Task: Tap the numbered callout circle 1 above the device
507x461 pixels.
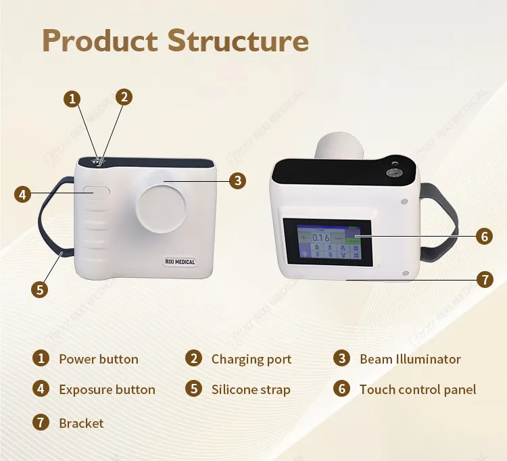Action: (x=72, y=99)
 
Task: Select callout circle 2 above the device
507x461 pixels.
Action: (x=124, y=97)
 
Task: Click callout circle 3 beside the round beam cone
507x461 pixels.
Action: (x=237, y=180)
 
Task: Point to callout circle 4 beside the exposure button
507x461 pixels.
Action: (x=23, y=195)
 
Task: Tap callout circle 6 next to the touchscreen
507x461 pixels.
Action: (x=483, y=236)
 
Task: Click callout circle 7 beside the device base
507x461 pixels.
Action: (x=483, y=278)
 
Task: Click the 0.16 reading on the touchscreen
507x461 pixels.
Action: (x=320, y=237)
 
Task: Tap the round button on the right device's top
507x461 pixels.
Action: (x=391, y=172)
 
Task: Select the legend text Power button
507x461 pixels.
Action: (x=99, y=360)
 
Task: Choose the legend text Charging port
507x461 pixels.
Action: (x=251, y=360)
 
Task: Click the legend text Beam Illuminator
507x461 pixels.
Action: (x=410, y=360)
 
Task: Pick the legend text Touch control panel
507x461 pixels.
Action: (x=418, y=389)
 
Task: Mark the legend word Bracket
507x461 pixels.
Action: (x=81, y=424)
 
